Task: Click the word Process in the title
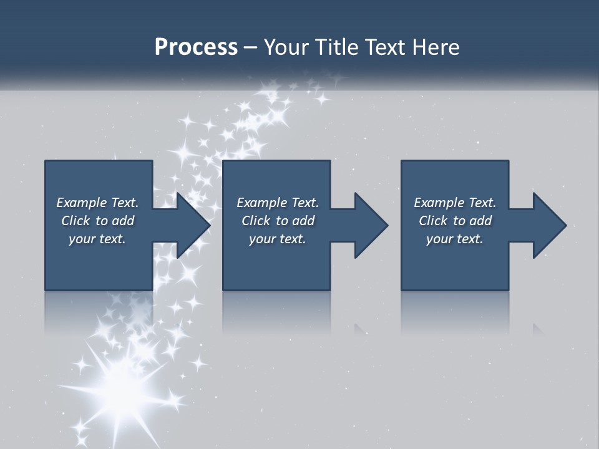coord(196,47)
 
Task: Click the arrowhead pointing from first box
coord(190,225)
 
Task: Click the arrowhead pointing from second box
coord(369,225)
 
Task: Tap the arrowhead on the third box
coord(547,225)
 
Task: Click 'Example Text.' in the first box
coord(97,203)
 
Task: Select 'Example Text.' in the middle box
coord(278,203)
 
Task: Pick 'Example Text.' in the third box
coord(455,203)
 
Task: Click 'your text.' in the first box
coord(97,239)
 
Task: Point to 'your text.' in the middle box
coord(278,239)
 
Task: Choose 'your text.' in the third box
coord(455,239)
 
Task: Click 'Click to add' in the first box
coord(97,221)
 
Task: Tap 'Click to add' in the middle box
coord(278,221)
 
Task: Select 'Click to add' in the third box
coord(455,221)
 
